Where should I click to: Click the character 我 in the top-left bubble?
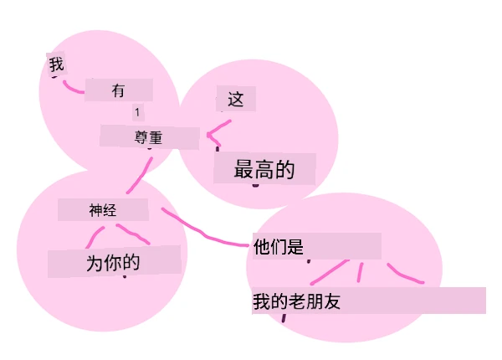(x=56, y=64)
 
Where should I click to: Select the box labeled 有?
(x=119, y=90)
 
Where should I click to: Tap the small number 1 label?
(x=137, y=112)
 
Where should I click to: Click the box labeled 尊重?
(x=150, y=137)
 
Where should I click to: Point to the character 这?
(x=236, y=99)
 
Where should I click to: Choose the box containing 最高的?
(x=264, y=169)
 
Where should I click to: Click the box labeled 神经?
(x=103, y=210)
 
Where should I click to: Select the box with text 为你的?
(x=114, y=261)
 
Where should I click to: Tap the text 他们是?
(x=279, y=247)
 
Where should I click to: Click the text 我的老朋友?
(x=296, y=301)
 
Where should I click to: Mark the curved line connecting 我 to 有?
(x=73, y=88)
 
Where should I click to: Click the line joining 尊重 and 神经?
(x=140, y=176)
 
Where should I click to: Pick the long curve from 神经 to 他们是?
(x=205, y=234)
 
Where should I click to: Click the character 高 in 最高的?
(x=264, y=169)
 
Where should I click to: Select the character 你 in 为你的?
(x=114, y=262)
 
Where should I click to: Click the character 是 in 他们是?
(x=295, y=247)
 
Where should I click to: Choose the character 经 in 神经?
(x=110, y=210)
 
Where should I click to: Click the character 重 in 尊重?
(x=156, y=138)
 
